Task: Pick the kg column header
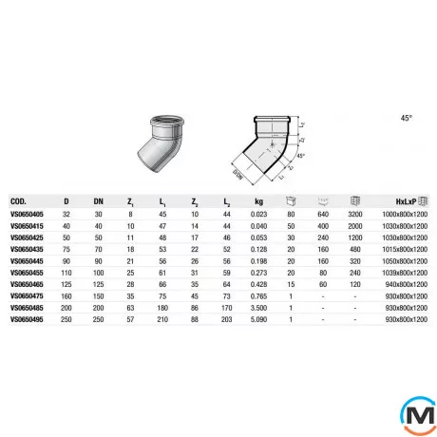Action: coord(257,201)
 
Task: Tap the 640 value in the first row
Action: coord(322,216)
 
